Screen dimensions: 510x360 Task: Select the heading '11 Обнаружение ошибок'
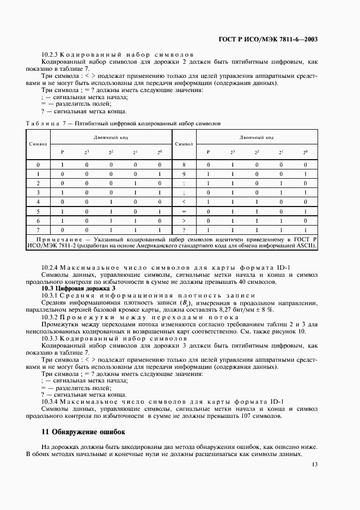point(83,432)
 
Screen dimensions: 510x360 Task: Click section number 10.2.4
point(50,267)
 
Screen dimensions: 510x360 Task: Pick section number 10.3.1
point(50,295)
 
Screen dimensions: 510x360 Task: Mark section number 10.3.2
point(50,317)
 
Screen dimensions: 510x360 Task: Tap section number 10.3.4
point(50,402)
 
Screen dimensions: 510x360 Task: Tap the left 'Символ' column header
point(38,144)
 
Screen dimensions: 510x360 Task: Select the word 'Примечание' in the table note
point(65,239)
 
